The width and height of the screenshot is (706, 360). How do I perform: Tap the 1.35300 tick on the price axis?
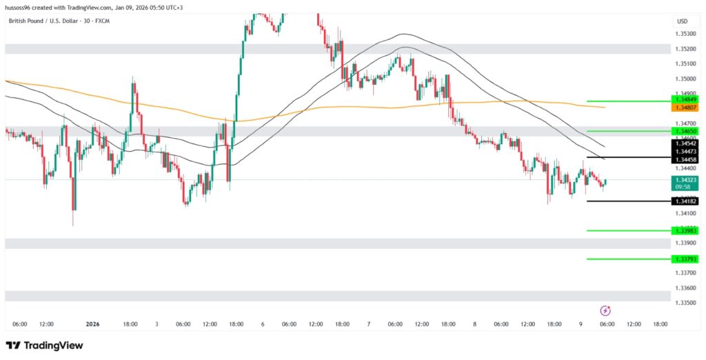pos(685,34)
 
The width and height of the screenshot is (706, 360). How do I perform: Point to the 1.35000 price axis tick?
pos(685,79)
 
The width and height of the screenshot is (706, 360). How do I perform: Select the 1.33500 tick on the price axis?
pos(685,303)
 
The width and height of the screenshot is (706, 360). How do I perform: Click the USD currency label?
pos(682,21)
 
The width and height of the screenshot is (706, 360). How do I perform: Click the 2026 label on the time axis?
pos(93,323)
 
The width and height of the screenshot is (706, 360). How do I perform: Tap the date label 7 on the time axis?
pos(369,323)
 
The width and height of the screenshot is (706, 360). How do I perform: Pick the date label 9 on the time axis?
pos(581,323)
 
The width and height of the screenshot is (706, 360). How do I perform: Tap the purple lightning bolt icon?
pos(605,311)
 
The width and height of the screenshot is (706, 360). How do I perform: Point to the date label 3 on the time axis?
pos(157,323)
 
